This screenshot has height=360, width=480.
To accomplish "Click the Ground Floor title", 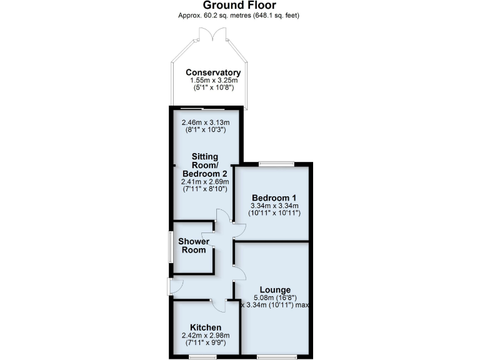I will point(240,5).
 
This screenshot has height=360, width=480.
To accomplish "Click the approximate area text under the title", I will point(240,15).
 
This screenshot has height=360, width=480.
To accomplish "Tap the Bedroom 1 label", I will point(271,197).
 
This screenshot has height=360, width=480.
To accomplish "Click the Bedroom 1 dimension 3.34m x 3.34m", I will point(271,206).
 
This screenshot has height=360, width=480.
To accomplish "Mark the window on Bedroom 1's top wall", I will point(276,164).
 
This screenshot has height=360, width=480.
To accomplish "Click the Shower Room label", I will point(192,246).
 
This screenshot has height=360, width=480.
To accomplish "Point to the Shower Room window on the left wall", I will point(170,246).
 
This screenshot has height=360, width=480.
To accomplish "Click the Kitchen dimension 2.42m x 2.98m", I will point(206,336).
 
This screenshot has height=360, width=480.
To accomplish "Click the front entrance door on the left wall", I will point(171,286).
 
